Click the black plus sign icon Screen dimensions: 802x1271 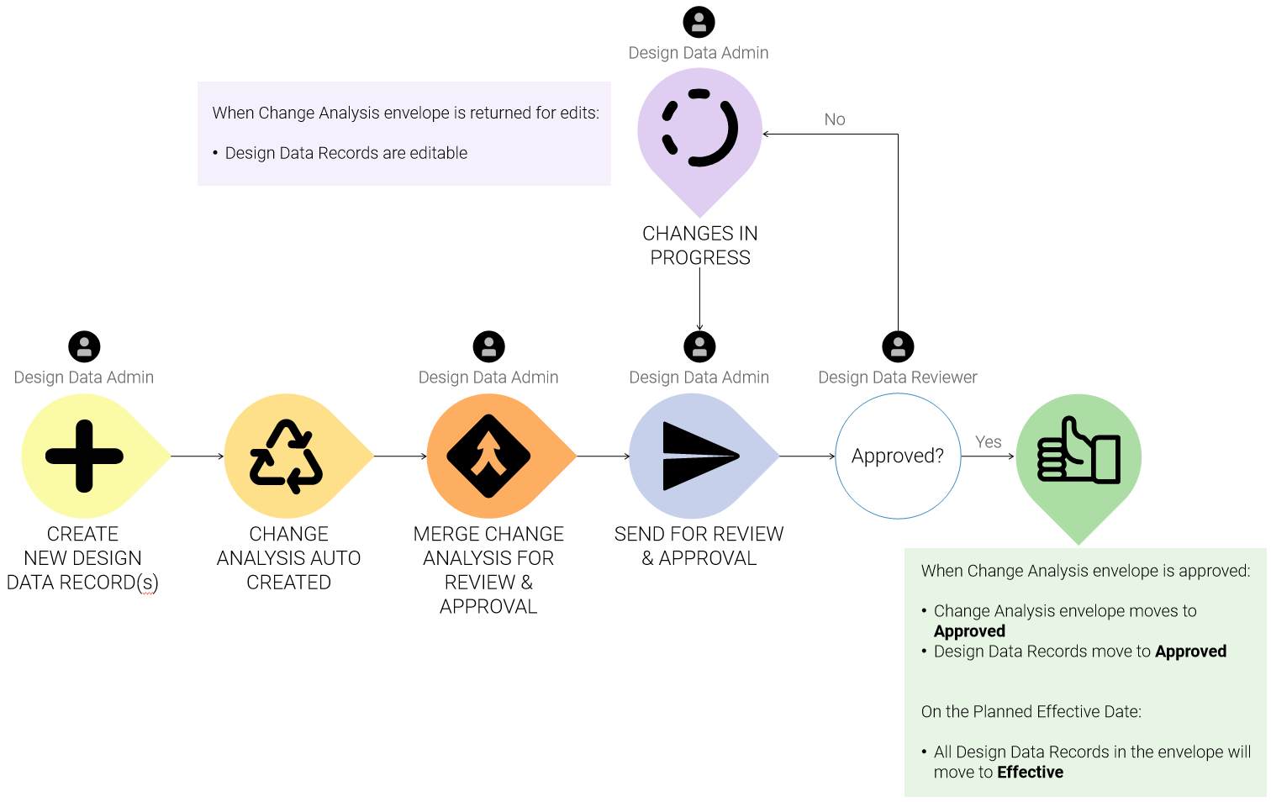pyautogui.click(x=84, y=456)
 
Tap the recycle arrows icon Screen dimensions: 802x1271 pyautogui.click(x=287, y=456)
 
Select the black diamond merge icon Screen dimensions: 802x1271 pyautogui.click(x=488, y=456)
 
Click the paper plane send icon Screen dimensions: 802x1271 pyautogui.click(x=699, y=456)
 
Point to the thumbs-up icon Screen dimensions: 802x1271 pyautogui.click(x=1079, y=451)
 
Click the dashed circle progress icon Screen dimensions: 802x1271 pyautogui.click(x=700, y=129)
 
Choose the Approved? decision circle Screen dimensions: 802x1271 pyautogui.click(x=898, y=456)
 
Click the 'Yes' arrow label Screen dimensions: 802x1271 pyautogui.click(x=988, y=442)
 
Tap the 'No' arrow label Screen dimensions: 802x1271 pyautogui.click(x=835, y=119)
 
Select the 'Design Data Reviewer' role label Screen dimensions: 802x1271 pyautogui.click(x=898, y=377)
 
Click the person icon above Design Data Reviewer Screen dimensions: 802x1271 pyautogui.click(x=898, y=346)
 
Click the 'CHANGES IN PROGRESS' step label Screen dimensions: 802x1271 pyautogui.click(x=700, y=245)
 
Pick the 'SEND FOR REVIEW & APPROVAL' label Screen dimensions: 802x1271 pyautogui.click(x=699, y=546)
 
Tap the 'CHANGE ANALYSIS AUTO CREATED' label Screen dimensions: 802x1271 pyautogui.click(x=288, y=558)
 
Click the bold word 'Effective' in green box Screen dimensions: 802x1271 pyautogui.click(x=1030, y=773)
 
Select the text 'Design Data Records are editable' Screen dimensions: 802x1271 pyautogui.click(x=345, y=153)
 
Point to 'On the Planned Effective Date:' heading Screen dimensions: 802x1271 pyautogui.click(x=1031, y=712)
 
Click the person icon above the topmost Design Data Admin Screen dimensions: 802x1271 pyautogui.click(x=699, y=22)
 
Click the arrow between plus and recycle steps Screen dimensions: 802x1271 pyautogui.click(x=198, y=456)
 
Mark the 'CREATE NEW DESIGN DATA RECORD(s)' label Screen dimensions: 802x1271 pyautogui.click(x=82, y=558)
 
